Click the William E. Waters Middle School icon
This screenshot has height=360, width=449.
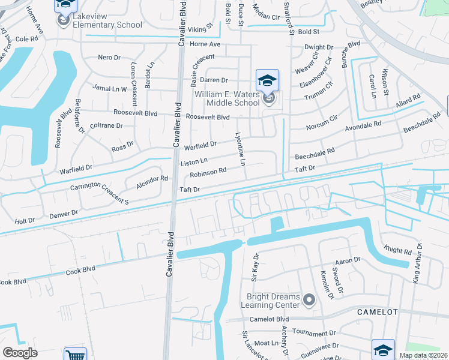[x=268, y=80]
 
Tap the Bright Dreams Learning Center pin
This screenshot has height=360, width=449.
[x=309, y=299]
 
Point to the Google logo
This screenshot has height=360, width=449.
[x=20, y=353]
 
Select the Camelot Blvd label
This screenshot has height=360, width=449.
[x=270, y=319]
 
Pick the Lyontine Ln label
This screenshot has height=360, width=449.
[x=241, y=150]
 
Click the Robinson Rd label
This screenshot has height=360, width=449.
[x=208, y=172]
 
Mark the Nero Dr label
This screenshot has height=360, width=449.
[x=109, y=58]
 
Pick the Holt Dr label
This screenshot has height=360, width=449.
[x=25, y=221]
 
